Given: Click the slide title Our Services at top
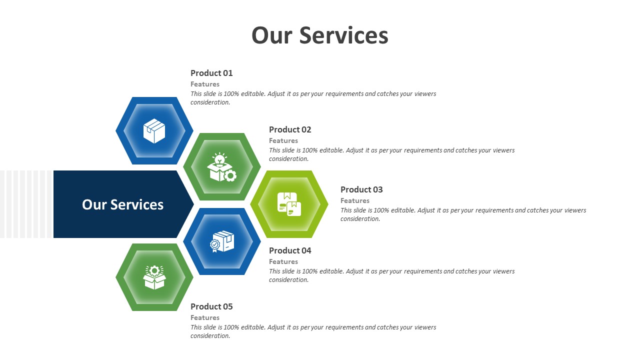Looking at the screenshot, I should point(319,35).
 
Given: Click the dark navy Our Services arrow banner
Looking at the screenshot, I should point(122,204).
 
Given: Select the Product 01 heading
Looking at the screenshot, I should point(211,73).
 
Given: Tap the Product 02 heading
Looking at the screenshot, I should point(290,129).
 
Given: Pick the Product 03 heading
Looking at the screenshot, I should point(361,189).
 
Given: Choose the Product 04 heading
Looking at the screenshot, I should point(290,250).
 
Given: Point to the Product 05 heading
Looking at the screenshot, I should point(211,306).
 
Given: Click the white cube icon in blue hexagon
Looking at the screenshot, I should point(154,131).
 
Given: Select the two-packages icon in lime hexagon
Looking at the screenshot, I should point(289,204).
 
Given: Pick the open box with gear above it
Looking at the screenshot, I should point(154,277).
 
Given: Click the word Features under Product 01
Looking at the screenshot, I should point(205,84).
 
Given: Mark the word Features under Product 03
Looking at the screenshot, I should point(355,200).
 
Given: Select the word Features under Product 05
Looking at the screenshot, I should point(205,317).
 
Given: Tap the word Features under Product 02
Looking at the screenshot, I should point(283,140).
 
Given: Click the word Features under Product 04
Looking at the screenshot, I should point(283,261).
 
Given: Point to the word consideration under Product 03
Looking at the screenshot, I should point(360,219).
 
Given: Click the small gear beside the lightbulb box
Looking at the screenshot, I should point(230,175).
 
